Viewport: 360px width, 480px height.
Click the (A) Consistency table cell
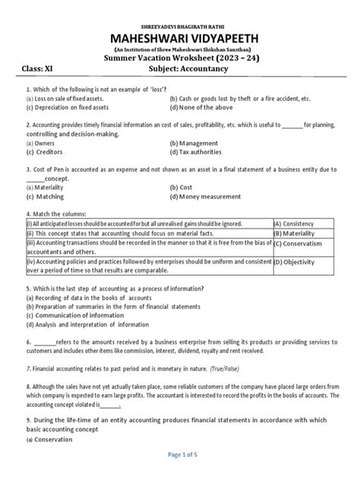pos(299,224)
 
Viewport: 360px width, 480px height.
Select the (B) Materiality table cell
pos(298,234)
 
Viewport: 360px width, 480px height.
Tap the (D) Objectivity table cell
pos(299,262)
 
